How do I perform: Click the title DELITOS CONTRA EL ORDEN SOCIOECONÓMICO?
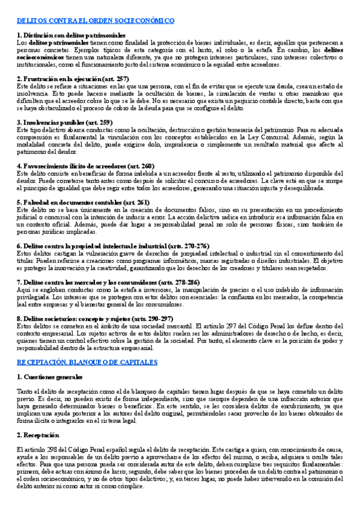[96, 20]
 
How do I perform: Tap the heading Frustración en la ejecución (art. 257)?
[76, 79]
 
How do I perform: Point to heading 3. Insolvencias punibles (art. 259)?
[65, 122]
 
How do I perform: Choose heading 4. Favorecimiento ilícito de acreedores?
[85, 165]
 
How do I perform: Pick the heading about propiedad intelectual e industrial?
[113, 246]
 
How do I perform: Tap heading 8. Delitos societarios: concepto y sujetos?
[95, 318]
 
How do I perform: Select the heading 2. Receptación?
[38, 418]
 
